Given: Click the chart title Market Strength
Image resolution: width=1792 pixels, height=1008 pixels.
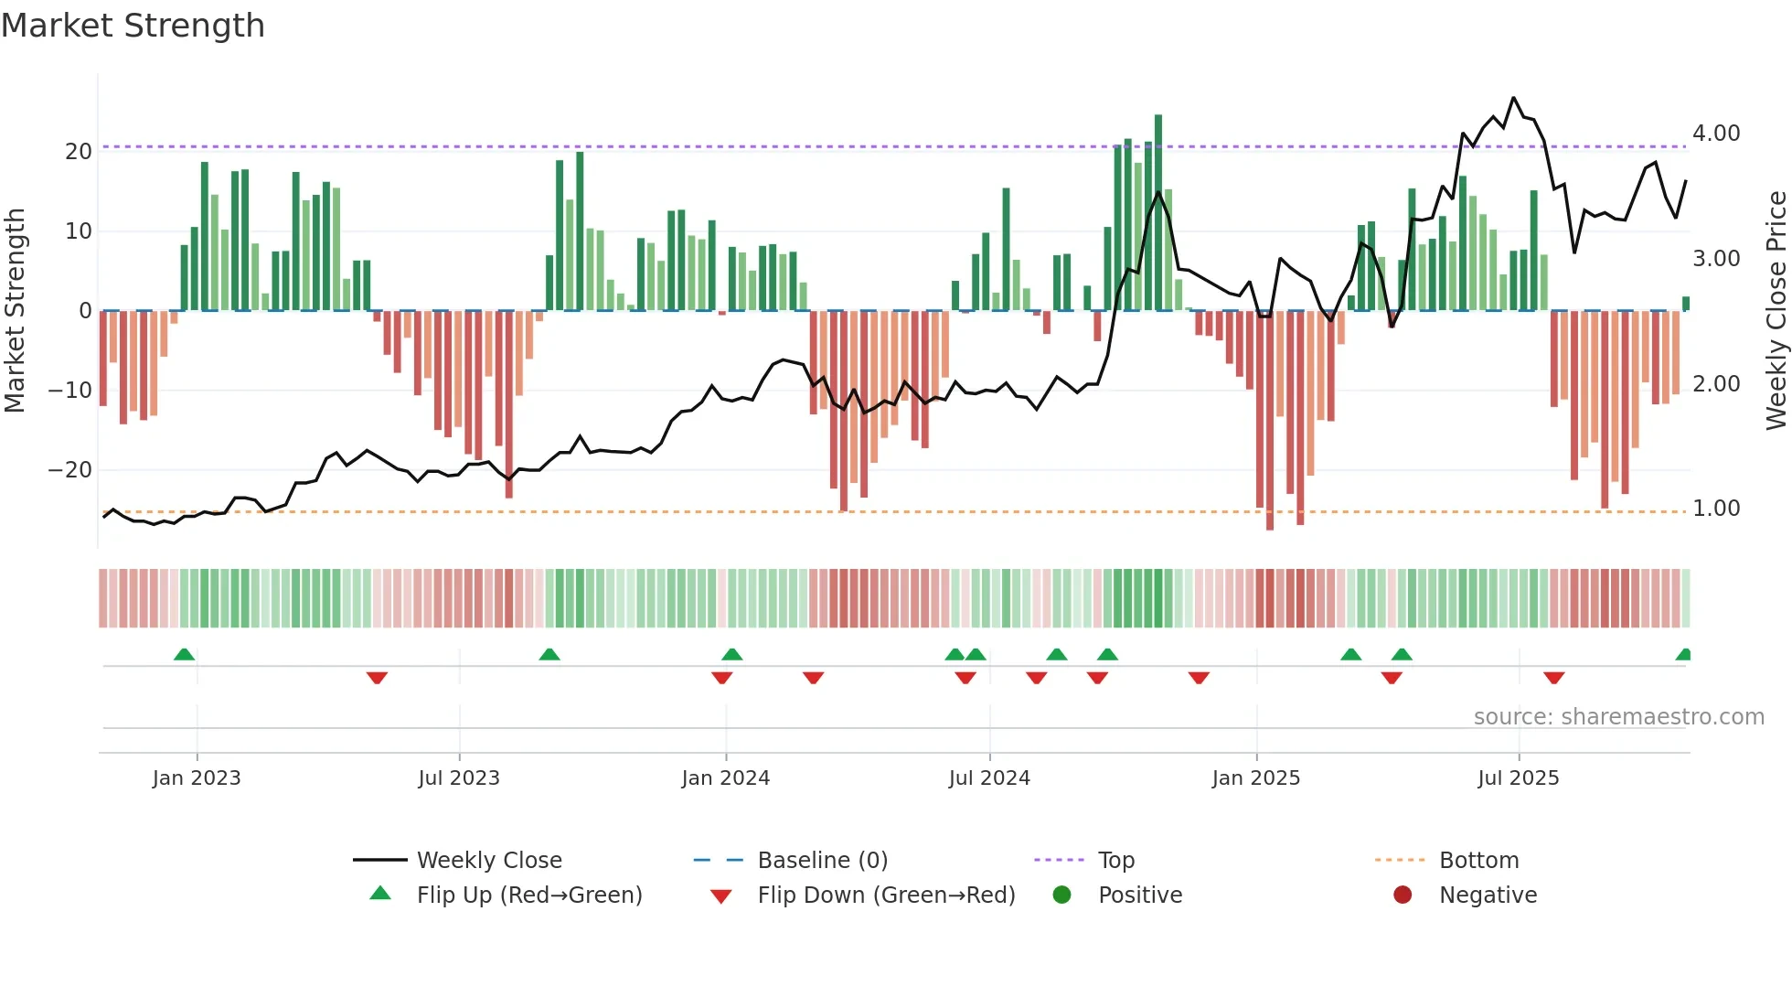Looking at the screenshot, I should tap(133, 26).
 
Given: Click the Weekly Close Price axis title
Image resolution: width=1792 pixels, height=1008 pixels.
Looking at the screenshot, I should tap(1776, 310).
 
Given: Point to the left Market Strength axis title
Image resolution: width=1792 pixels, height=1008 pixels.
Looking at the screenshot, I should tap(15, 310).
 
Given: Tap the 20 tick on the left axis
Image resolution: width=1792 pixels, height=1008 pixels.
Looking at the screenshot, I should tap(79, 152).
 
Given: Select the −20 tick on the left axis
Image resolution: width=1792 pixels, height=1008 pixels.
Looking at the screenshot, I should tap(70, 470).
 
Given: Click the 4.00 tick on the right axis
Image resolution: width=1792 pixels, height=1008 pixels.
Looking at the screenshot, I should tap(1716, 134).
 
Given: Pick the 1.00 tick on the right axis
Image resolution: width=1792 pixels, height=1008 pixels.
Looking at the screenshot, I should tap(1716, 509).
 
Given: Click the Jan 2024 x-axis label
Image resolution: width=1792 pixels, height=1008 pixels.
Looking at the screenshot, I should tap(726, 778).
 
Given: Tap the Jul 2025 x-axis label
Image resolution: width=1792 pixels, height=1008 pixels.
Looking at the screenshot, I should tap(1519, 778).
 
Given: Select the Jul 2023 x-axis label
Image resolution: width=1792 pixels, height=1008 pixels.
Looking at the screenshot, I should tap(459, 778).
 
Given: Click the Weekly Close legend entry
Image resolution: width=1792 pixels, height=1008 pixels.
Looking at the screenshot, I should tap(489, 861).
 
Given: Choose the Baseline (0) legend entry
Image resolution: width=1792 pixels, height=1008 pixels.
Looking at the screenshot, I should tap(822, 861).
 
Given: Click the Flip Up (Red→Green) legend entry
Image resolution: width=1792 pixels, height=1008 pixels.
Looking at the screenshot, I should tap(529, 895).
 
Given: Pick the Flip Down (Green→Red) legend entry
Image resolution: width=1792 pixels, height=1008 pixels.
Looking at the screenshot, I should tap(886, 895).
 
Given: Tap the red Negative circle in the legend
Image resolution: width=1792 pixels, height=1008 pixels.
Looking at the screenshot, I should tap(1403, 895).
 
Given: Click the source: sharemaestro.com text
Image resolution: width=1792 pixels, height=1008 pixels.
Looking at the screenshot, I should tap(1618, 717).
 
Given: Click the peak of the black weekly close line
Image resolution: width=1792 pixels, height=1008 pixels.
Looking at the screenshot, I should tap(1514, 98).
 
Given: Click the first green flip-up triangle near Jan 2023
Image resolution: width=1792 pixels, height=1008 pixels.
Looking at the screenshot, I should tap(184, 654).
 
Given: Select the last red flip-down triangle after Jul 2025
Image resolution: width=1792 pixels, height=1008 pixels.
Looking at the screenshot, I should tap(1554, 678).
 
